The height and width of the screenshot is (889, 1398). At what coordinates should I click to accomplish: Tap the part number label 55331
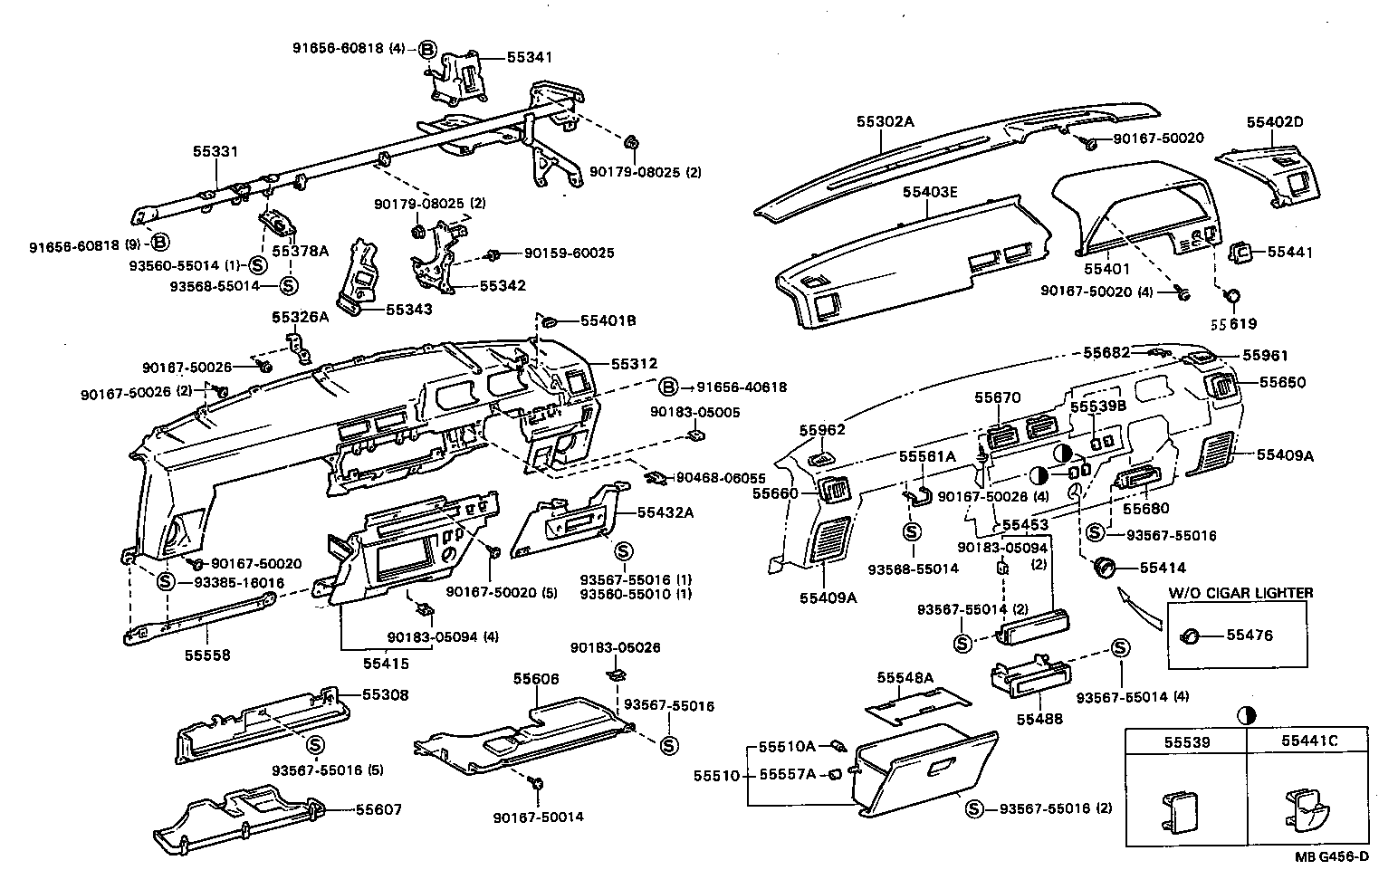(215, 151)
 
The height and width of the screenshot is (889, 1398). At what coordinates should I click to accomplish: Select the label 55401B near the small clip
(608, 320)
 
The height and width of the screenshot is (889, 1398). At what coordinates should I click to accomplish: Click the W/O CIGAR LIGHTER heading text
(1240, 592)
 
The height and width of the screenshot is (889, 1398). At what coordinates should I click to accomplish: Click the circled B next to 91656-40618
(667, 387)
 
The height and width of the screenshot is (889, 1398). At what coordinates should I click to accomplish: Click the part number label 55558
(207, 655)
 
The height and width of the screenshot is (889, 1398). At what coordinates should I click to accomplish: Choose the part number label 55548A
(905, 677)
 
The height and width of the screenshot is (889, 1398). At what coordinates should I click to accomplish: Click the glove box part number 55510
(716, 776)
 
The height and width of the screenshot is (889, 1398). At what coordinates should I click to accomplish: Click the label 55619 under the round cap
(1234, 323)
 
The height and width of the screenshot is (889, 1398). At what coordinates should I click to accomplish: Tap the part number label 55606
(536, 678)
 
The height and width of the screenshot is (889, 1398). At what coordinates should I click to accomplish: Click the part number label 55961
(1264, 356)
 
